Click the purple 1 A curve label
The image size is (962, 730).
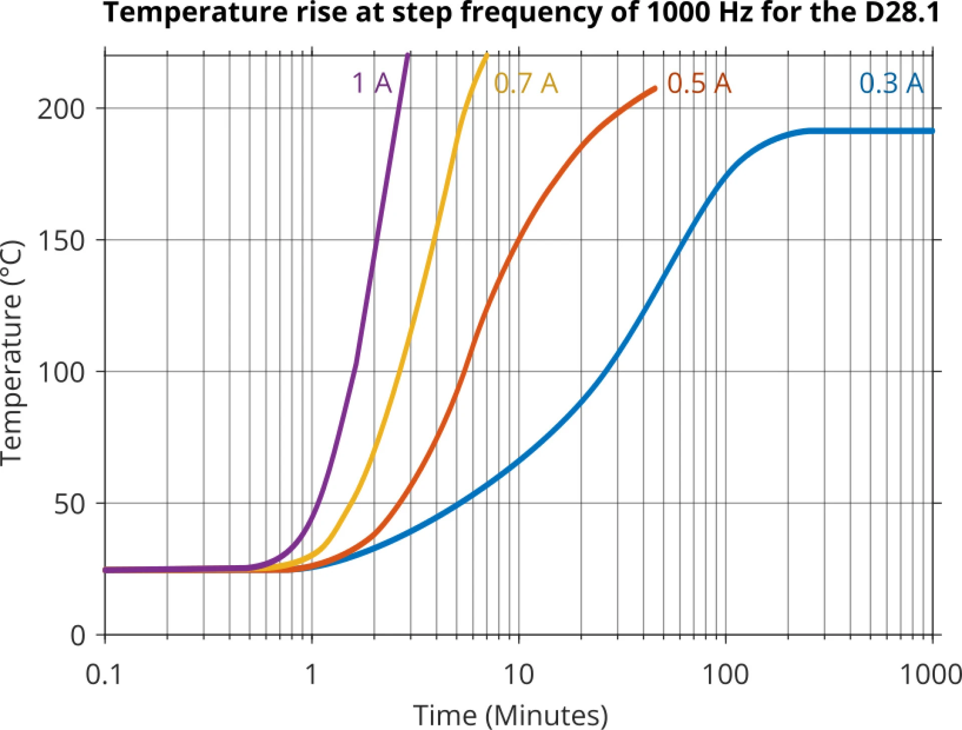tap(372, 83)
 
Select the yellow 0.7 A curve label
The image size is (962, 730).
tap(526, 83)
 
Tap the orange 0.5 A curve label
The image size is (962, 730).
tap(699, 83)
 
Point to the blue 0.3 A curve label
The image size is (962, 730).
tap(891, 83)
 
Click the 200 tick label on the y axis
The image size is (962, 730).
tap(61, 109)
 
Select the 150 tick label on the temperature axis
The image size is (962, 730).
tap(61, 241)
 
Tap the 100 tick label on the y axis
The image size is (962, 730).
tap(61, 373)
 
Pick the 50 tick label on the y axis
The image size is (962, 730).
tap(69, 505)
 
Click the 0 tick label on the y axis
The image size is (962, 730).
tap(78, 636)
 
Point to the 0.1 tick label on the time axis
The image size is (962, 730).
tap(104, 674)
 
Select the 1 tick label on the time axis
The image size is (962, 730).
tap(311, 674)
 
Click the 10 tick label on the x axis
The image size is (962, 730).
tap(519, 674)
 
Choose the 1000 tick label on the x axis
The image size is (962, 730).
tap(930, 674)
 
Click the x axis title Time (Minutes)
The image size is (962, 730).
tap(510, 715)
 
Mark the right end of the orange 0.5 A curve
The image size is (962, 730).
tap(654, 89)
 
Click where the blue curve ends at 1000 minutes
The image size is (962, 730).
tap(932, 131)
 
